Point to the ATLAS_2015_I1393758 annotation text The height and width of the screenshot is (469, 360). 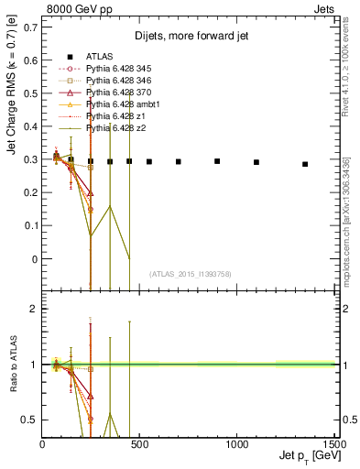[191, 273]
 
